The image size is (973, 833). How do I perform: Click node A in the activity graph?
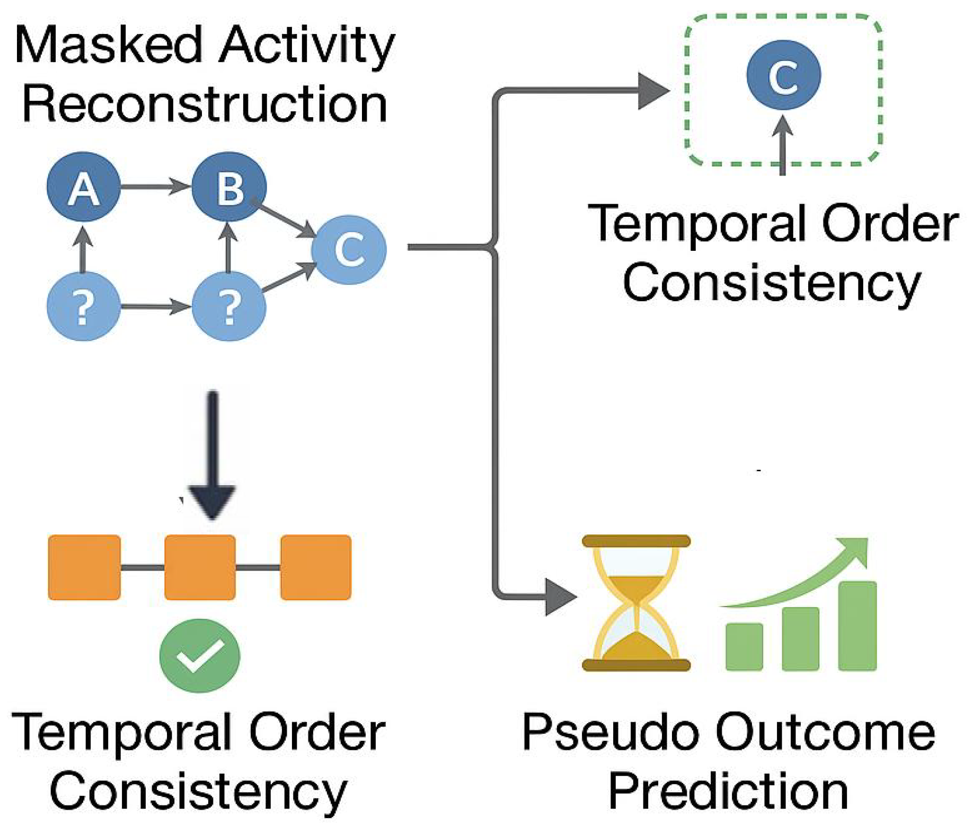click(83, 187)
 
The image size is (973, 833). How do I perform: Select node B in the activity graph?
click(228, 187)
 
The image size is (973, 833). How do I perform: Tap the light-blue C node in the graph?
click(348, 250)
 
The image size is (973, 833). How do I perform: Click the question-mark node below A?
click(83, 306)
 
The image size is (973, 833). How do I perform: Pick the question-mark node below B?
click(228, 306)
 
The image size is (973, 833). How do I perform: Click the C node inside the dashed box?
click(783, 75)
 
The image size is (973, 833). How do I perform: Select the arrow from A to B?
click(154, 186)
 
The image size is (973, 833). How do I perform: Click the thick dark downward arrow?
click(213, 456)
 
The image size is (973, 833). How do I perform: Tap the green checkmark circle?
click(200, 655)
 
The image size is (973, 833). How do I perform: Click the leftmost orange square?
click(84, 567)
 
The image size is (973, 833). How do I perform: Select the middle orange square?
click(200, 567)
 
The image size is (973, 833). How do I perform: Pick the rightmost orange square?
click(316, 567)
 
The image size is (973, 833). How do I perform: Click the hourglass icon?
click(636, 603)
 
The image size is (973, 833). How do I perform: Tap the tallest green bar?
click(857, 626)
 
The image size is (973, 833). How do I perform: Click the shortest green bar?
click(744, 646)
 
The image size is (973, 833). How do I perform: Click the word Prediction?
click(728, 792)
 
